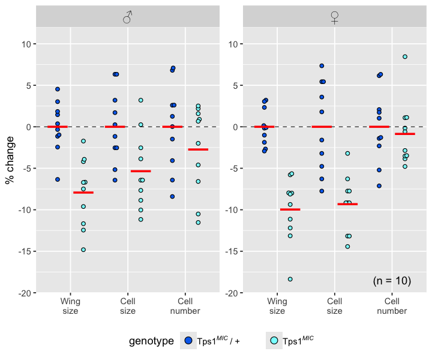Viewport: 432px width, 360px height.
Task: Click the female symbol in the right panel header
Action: (x=335, y=18)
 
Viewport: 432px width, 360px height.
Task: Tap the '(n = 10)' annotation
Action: (x=392, y=281)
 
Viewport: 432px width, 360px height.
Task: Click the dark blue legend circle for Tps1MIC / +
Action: (x=188, y=341)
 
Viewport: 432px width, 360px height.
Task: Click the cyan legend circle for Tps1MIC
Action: (x=274, y=341)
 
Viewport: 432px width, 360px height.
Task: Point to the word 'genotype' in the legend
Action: (x=151, y=341)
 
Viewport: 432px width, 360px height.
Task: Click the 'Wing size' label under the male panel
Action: (x=71, y=306)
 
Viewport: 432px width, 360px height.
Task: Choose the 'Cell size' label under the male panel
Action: (x=128, y=306)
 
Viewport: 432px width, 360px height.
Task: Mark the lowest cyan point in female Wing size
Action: (x=290, y=279)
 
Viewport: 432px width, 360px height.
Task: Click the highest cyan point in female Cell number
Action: (x=405, y=57)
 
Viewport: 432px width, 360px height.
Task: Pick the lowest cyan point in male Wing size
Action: (x=83, y=250)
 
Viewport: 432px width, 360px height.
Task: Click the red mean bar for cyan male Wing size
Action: (x=83, y=193)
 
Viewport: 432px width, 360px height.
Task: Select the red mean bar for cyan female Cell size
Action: (x=347, y=204)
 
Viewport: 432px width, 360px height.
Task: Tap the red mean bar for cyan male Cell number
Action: (x=198, y=149)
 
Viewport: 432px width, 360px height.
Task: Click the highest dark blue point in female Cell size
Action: (x=322, y=66)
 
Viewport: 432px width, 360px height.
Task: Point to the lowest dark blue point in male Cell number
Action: (x=172, y=196)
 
